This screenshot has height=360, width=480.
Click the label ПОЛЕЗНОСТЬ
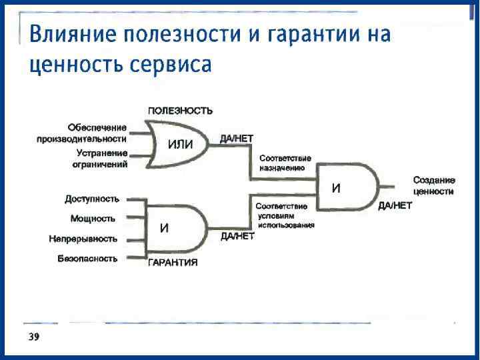pyautogui.click(x=180, y=110)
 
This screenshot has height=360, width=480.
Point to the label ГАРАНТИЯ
pyautogui.click(x=173, y=263)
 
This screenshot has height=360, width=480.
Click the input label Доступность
pyautogui.click(x=92, y=199)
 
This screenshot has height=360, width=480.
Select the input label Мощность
pyautogui.click(x=93, y=219)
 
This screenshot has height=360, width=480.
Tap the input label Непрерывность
pyautogui.click(x=83, y=239)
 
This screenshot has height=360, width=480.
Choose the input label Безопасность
pyautogui.click(x=87, y=259)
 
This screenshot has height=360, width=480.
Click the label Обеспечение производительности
pyautogui.click(x=82, y=133)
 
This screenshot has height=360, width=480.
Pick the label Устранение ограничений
pyautogui.click(x=100, y=159)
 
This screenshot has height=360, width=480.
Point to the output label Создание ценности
pyautogui.click(x=433, y=186)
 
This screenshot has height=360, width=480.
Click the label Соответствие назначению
pyautogui.click(x=285, y=163)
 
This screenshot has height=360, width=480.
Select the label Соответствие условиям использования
pyautogui.click(x=285, y=216)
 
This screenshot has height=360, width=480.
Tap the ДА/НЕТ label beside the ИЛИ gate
pyautogui.click(x=236, y=138)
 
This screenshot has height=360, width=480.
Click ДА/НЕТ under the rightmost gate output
pyautogui.click(x=395, y=206)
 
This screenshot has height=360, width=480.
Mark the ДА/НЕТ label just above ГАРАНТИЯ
pyautogui.click(x=237, y=236)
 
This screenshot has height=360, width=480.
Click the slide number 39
pyautogui.click(x=33, y=337)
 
